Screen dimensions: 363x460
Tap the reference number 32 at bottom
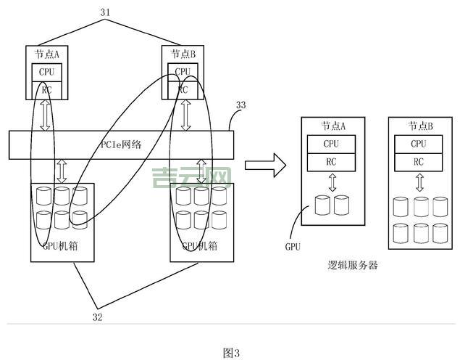pyautogui.click(x=99, y=317)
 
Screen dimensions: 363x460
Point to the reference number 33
pyautogui.click(x=241, y=105)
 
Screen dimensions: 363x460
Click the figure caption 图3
pyautogui.click(x=231, y=353)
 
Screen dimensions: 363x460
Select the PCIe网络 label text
pyautogui.click(x=120, y=144)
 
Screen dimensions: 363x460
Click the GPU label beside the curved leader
pyautogui.click(x=293, y=247)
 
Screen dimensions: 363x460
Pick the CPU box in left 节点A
pyautogui.click(x=46, y=73)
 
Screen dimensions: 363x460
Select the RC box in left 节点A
pyautogui.click(x=46, y=89)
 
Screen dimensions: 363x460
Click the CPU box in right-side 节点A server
pyautogui.click(x=332, y=144)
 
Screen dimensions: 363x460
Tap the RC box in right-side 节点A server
pyautogui.click(x=332, y=162)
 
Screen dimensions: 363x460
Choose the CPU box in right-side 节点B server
pyautogui.click(x=419, y=144)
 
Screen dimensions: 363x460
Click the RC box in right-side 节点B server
pyautogui.click(x=419, y=162)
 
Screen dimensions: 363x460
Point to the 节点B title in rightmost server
pyautogui.click(x=420, y=126)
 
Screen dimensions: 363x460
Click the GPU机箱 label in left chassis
pyautogui.click(x=60, y=246)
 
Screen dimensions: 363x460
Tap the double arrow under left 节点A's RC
pyautogui.click(x=46, y=116)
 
